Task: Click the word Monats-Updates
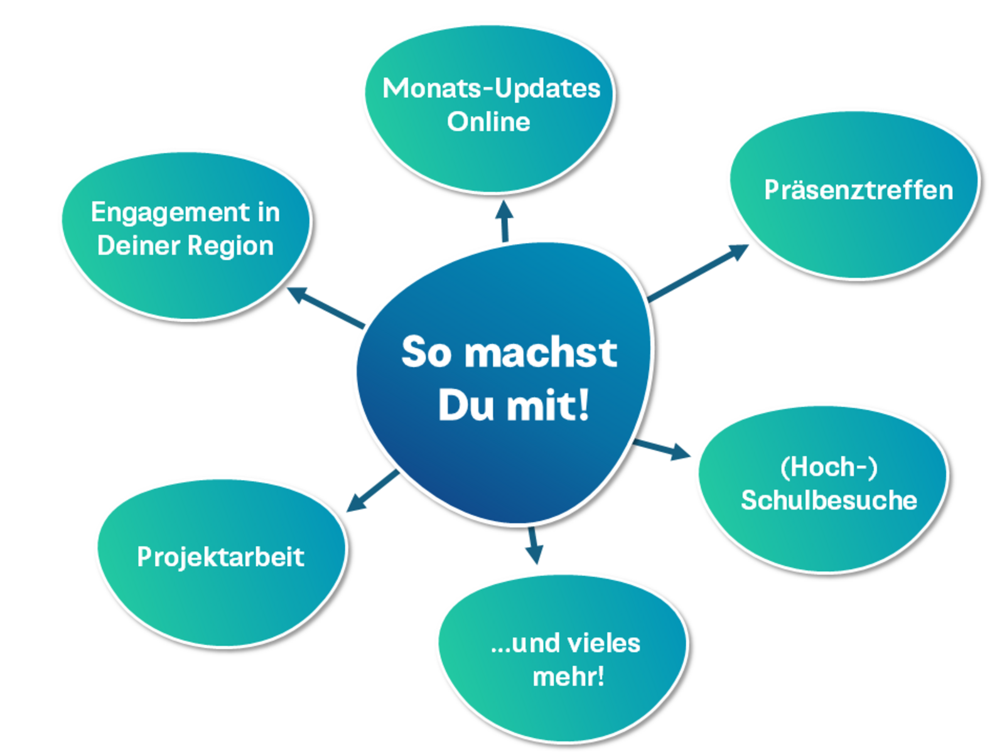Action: [x=491, y=88]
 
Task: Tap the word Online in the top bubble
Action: [x=488, y=122]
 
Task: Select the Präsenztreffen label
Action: [x=858, y=190]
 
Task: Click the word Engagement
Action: [x=170, y=213]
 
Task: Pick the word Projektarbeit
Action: [x=220, y=557]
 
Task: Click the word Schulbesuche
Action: [x=829, y=500]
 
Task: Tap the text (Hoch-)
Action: [x=829, y=467]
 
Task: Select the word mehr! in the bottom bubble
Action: [x=568, y=677]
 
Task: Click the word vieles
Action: [x=603, y=643]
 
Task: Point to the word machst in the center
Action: [x=541, y=352]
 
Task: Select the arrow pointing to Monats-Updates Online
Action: [x=504, y=221]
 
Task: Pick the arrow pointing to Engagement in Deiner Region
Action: [x=326, y=308]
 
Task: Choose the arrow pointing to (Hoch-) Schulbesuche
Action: [x=662, y=449]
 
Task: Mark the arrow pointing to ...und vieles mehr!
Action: [x=534, y=545]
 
